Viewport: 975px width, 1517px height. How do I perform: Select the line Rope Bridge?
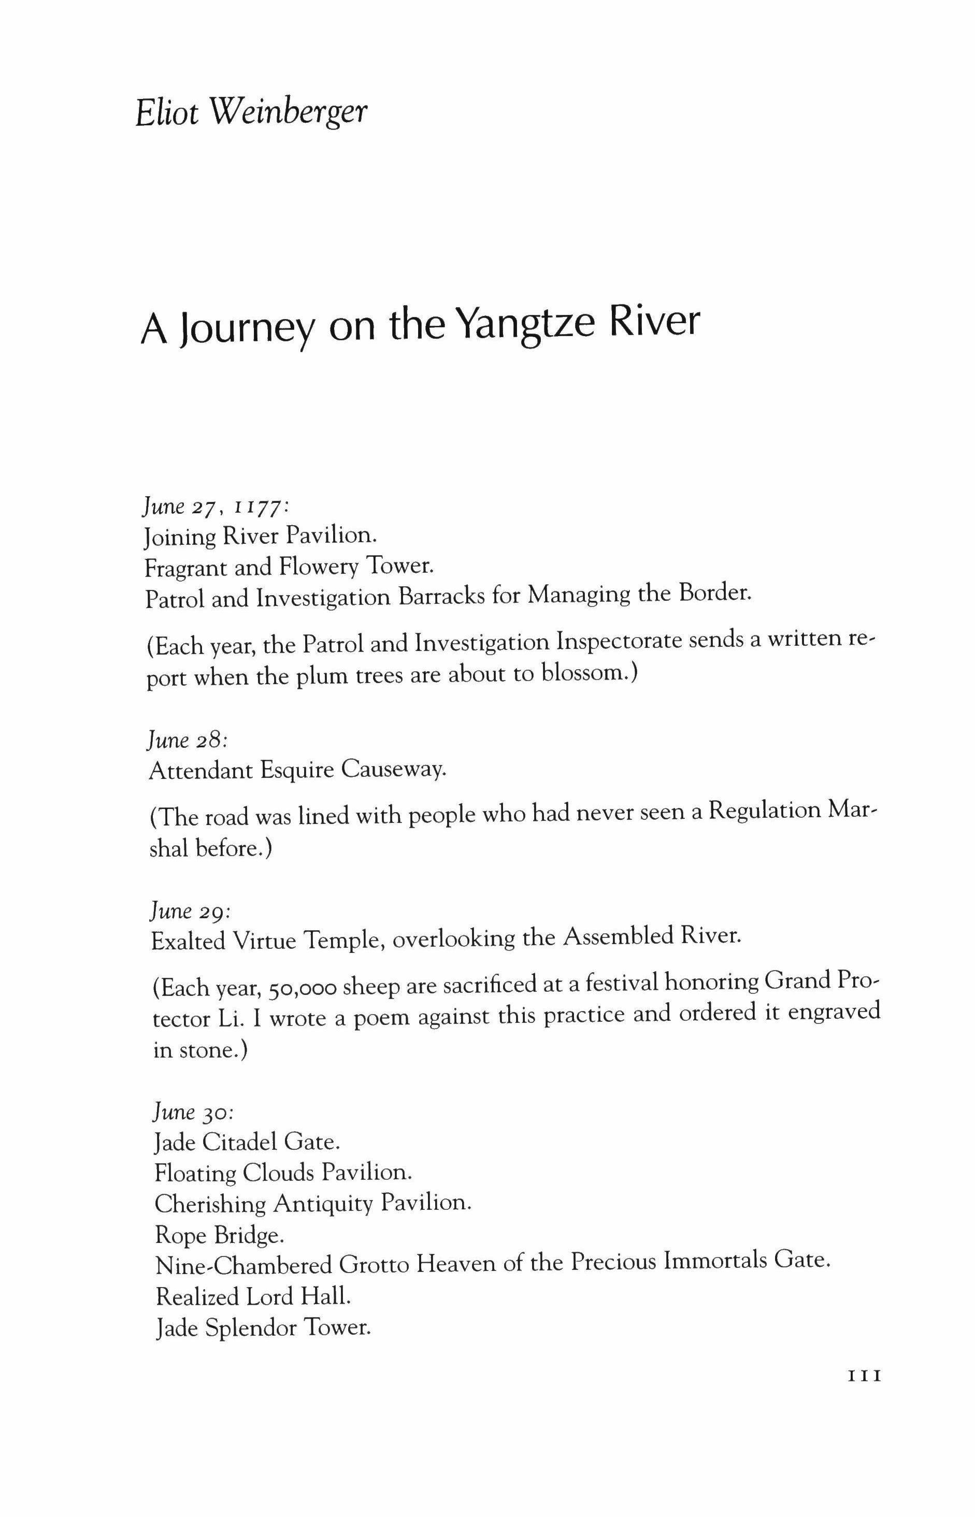click(x=219, y=1235)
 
